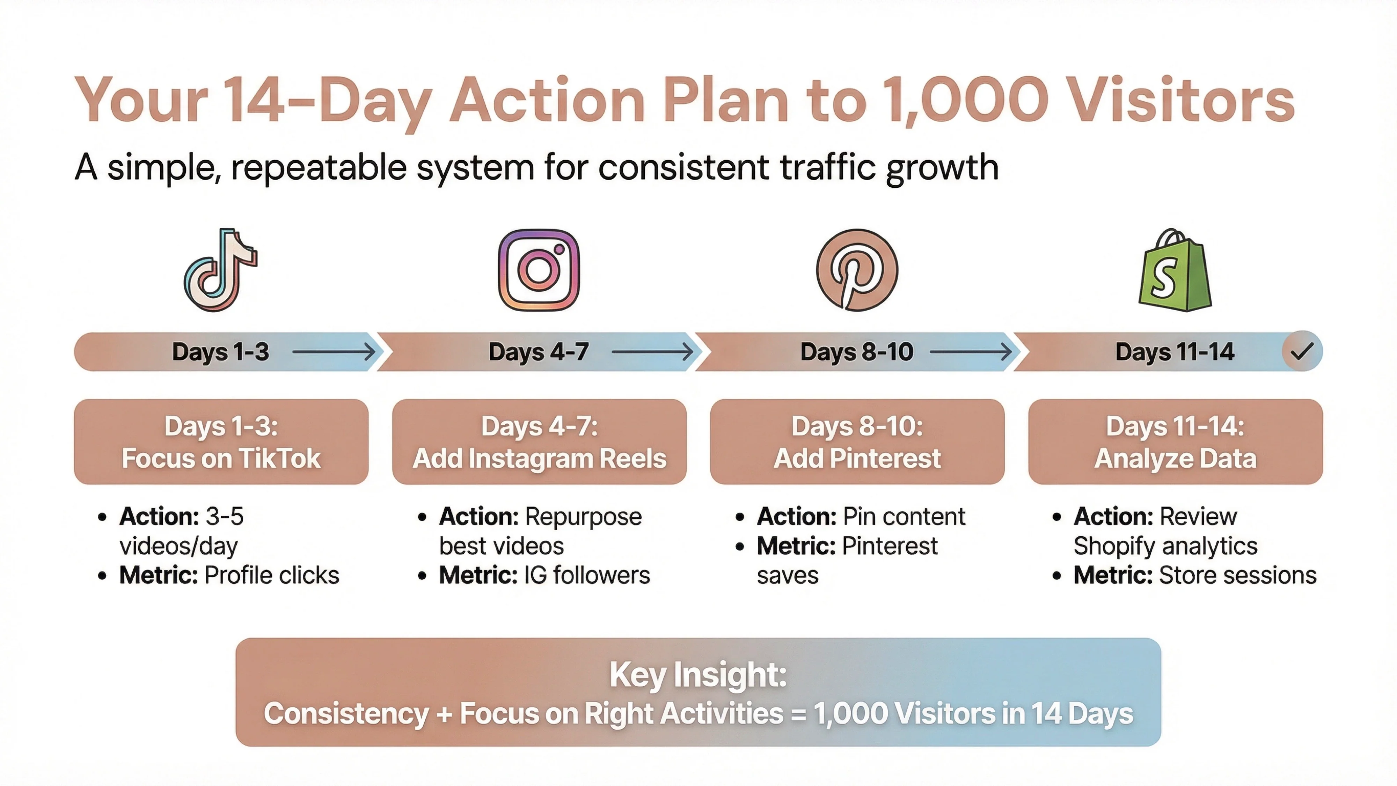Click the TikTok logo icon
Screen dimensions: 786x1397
tap(220, 270)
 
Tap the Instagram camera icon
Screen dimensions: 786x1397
tap(539, 270)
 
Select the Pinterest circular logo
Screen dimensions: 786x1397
tap(857, 270)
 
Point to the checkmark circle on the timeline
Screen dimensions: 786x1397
tap(1302, 351)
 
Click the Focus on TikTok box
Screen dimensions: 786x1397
tap(221, 442)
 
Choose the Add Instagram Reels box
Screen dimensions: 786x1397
tap(539, 442)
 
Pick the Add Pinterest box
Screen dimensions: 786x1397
tap(857, 442)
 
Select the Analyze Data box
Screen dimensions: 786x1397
tap(1175, 442)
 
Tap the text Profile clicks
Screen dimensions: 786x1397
tap(271, 575)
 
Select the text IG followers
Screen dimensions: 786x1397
tap(587, 575)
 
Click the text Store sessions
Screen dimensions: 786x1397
tap(1237, 575)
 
